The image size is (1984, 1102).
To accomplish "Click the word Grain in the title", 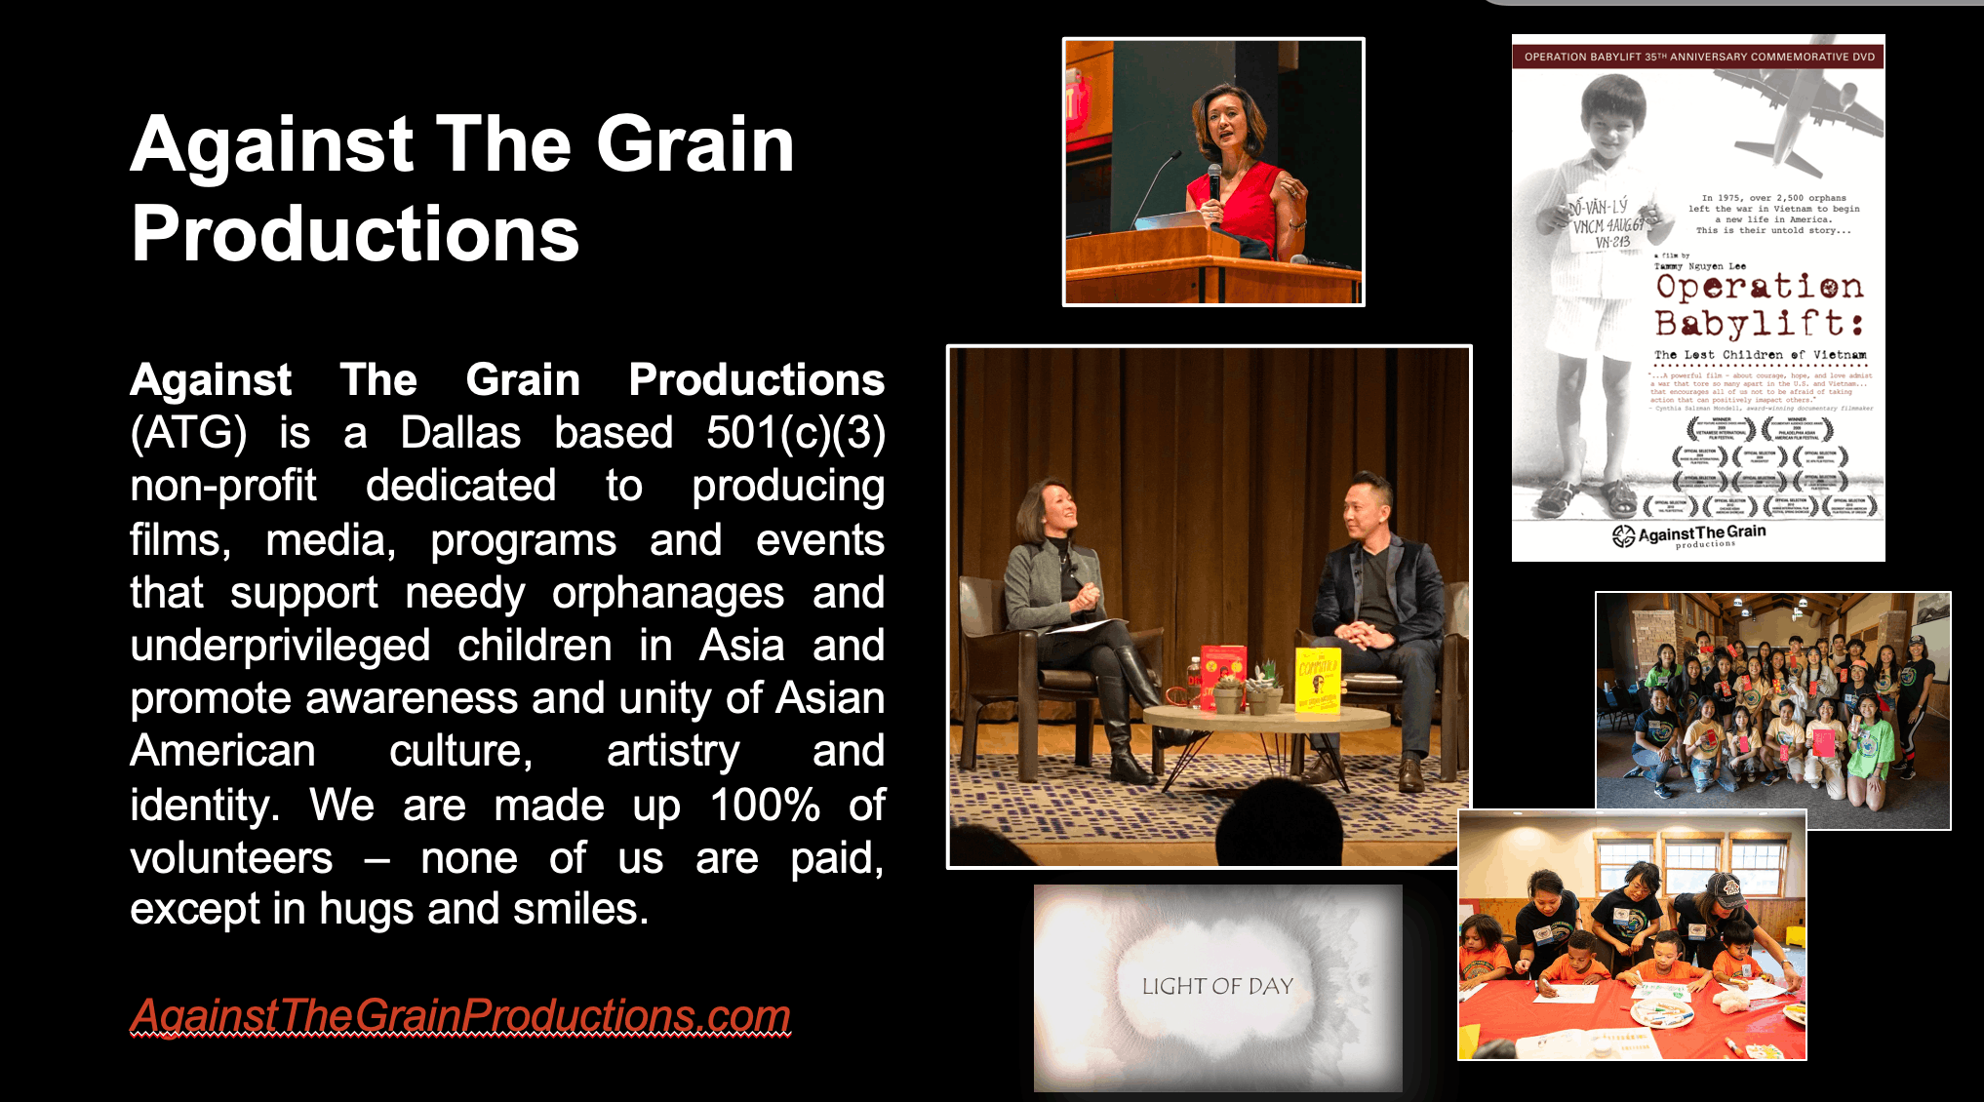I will [x=694, y=144].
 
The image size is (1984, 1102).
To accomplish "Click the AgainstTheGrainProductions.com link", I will [x=460, y=1015].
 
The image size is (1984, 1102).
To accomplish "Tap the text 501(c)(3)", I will [x=795, y=433].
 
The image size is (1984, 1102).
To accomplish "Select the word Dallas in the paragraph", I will [x=460, y=433].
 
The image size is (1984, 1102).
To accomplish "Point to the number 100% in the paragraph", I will [x=765, y=806].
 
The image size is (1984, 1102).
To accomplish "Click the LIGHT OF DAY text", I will [x=1217, y=987].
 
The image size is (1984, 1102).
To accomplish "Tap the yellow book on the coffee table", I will [x=1318, y=680].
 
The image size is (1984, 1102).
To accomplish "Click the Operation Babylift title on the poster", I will [x=1759, y=304].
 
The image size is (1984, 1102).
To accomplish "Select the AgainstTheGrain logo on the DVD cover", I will [x=1689, y=534].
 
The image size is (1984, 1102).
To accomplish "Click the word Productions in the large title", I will [x=355, y=234].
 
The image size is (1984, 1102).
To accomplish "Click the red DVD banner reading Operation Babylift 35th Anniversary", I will [x=1698, y=57].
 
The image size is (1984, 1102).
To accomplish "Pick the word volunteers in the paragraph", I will [x=231, y=858].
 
